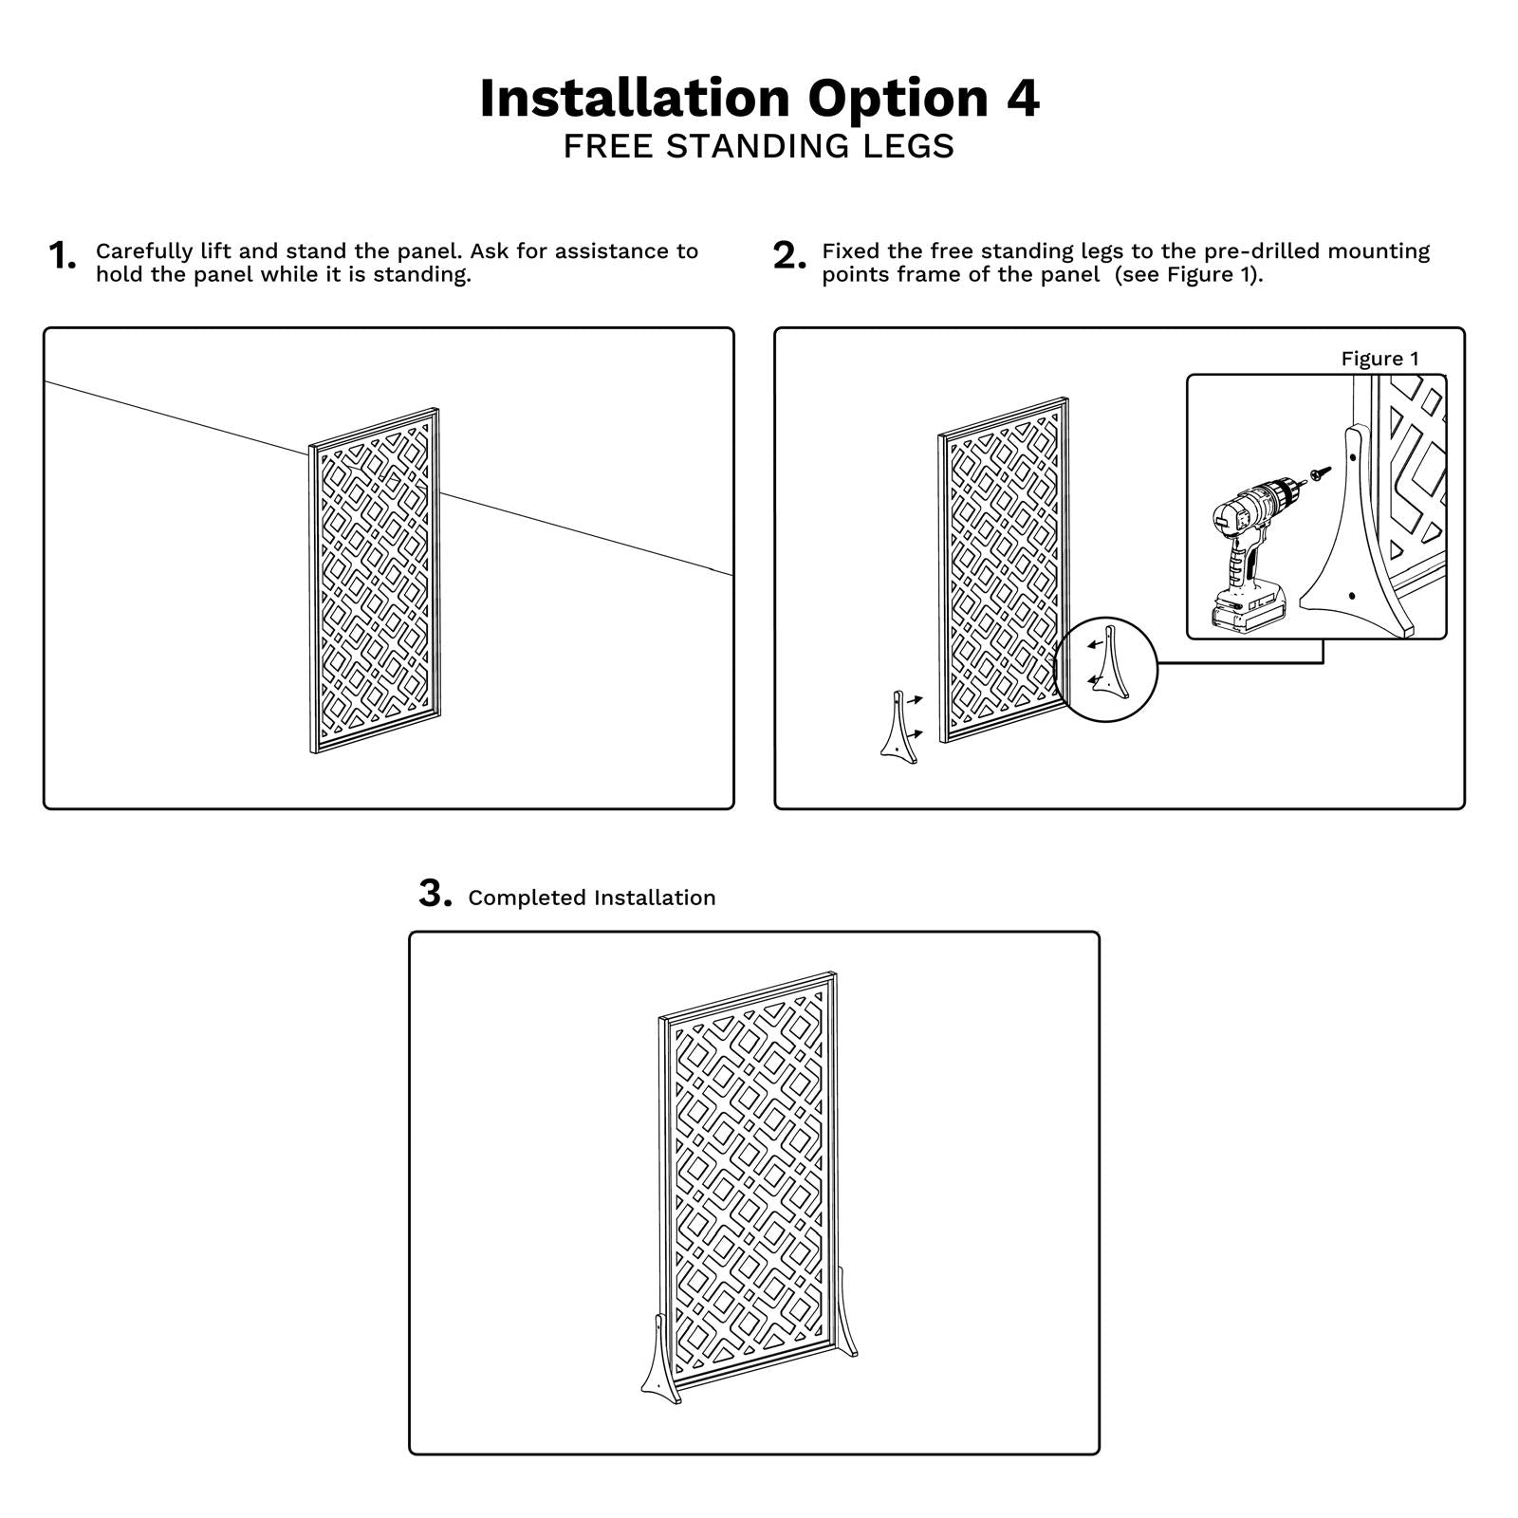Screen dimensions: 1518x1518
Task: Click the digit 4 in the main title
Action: [1022, 99]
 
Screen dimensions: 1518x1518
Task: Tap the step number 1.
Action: [62, 256]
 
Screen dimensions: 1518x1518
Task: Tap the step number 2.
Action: [789, 256]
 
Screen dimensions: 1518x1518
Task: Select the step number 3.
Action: [435, 895]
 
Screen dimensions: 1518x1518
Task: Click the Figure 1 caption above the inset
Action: [1379, 359]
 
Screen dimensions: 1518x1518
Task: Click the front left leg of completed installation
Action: [661, 1359]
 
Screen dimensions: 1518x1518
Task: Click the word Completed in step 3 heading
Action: [526, 898]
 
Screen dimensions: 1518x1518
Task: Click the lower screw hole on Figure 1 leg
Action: [1352, 596]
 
